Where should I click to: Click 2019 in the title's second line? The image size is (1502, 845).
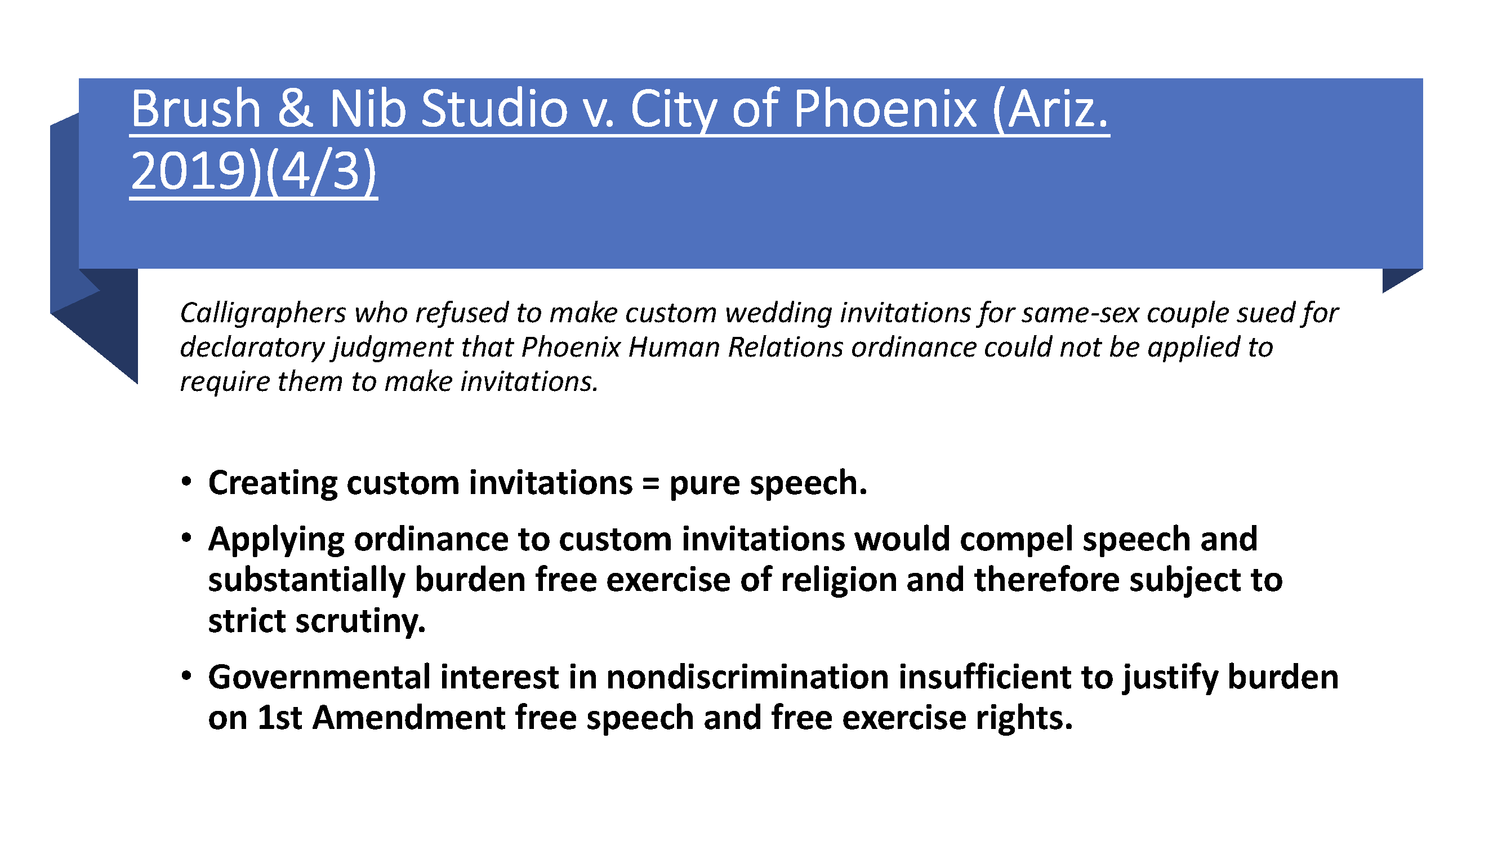(188, 172)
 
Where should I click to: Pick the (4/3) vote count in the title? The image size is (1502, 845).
(321, 172)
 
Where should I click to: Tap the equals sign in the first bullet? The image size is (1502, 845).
(650, 483)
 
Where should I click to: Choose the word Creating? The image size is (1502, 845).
(272, 483)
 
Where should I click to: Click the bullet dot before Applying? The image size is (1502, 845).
(186, 537)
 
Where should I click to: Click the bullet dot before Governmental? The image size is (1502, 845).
(186, 676)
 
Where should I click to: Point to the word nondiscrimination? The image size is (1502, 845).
(747, 677)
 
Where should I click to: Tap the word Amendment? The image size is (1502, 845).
(409, 718)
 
